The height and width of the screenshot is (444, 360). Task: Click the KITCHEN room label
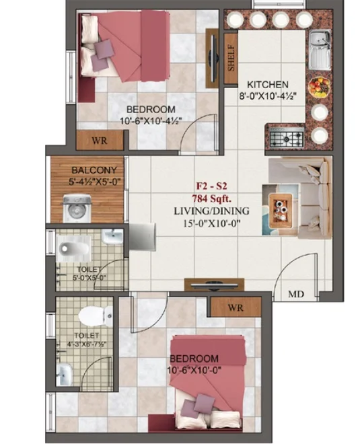[267, 84]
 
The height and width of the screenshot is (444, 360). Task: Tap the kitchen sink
[320, 50]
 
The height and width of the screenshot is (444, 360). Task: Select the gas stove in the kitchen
[287, 137]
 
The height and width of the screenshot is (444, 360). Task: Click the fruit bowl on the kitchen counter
[320, 87]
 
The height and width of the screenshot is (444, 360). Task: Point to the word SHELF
[231, 58]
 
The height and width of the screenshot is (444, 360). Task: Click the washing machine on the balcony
[77, 208]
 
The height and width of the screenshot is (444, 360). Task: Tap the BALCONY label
[94, 170]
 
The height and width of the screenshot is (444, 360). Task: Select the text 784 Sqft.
[211, 198]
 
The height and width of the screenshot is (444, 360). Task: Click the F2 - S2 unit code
[212, 186]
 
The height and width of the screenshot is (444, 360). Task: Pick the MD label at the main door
[296, 294]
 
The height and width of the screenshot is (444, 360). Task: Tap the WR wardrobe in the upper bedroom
[100, 141]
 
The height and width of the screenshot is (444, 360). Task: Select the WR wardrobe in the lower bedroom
[236, 307]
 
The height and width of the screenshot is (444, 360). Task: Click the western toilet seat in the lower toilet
[95, 316]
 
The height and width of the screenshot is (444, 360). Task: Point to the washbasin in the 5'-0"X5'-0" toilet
[112, 237]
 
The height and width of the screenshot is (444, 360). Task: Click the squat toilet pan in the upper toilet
[73, 248]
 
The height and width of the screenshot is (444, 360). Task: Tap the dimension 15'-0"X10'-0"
[211, 224]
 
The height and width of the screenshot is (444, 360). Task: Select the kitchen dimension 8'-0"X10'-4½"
[268, 96]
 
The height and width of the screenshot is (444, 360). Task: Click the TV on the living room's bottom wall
[214, 285]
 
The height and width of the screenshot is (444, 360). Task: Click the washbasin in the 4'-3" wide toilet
[65, 374]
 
